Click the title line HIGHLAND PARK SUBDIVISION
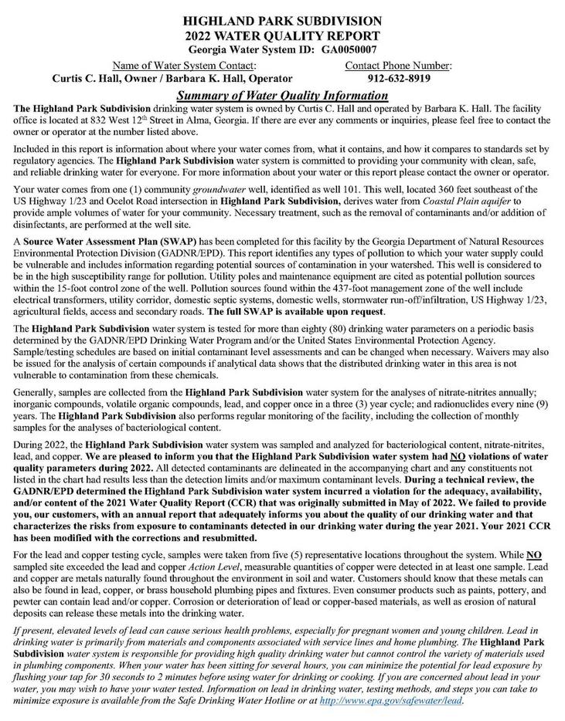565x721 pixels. [282, 20]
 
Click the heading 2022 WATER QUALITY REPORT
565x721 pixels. [282, 35]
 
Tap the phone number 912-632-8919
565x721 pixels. [399, 79]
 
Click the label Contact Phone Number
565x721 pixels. [399, 65]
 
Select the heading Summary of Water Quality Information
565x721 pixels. [282, 94]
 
